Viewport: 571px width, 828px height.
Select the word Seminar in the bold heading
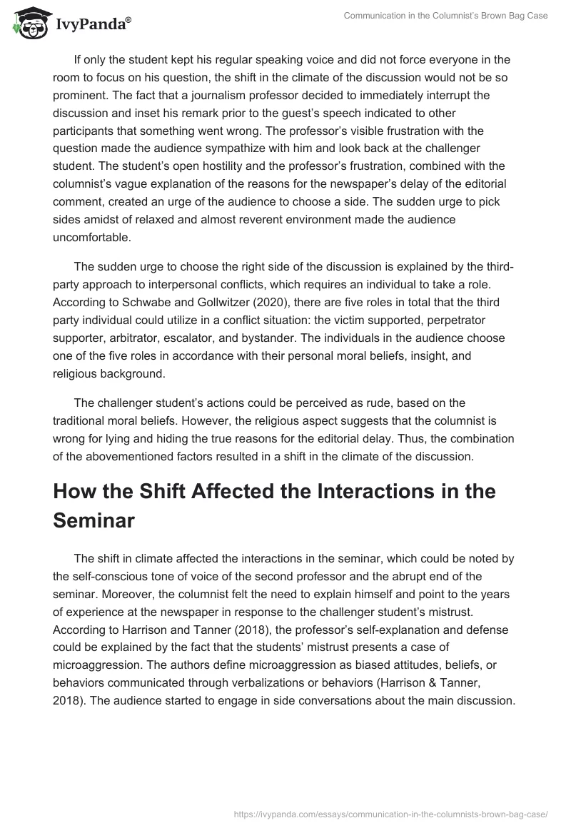94,520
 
